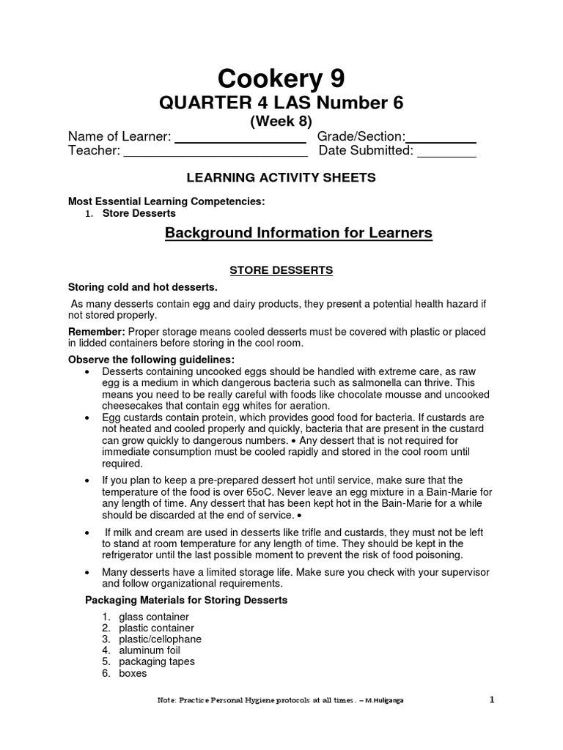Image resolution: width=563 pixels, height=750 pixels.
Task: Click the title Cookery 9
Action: click(281, 78)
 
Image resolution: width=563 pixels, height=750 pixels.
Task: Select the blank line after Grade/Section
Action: click(441, 140)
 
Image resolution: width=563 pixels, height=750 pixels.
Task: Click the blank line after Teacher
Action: click(215, 155)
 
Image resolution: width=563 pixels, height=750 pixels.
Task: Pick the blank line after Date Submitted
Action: click(447, 155)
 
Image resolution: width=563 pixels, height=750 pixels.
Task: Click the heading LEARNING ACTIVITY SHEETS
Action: click(281, 177)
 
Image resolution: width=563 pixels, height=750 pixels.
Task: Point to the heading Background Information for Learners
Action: click(298, 233)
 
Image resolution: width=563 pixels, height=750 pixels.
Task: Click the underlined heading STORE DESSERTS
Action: click(281, 270)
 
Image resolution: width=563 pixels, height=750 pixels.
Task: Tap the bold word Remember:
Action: click(96, 332)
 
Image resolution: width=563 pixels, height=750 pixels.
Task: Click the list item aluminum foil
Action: click(150, 650)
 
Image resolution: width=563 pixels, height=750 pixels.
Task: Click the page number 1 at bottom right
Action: click(493, 699)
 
